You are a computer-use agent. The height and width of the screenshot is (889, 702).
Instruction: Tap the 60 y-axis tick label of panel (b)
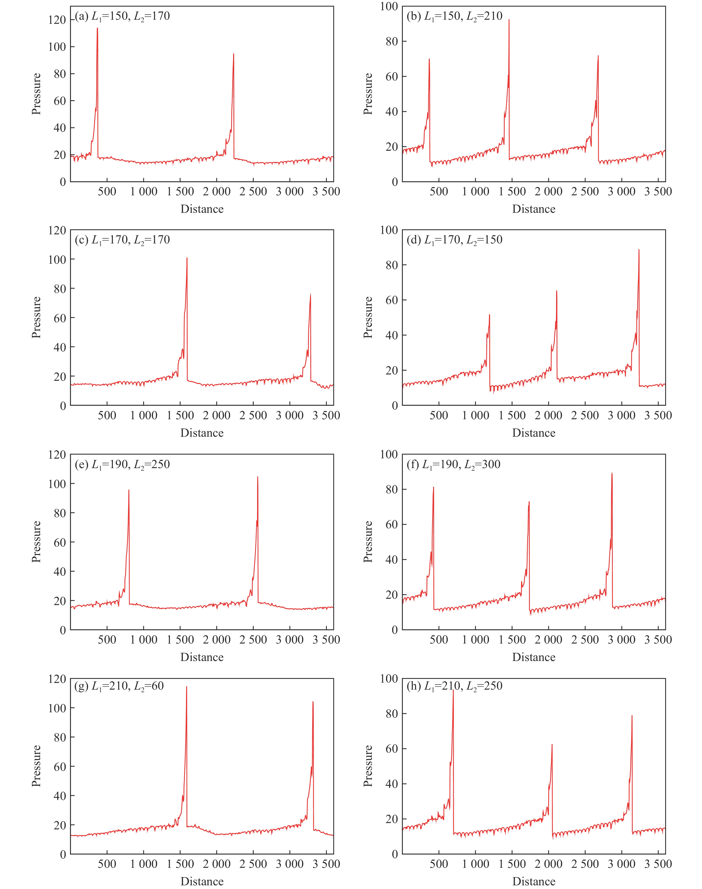[392, 77]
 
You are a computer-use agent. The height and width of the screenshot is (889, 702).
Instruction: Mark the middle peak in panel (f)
[529, 502]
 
